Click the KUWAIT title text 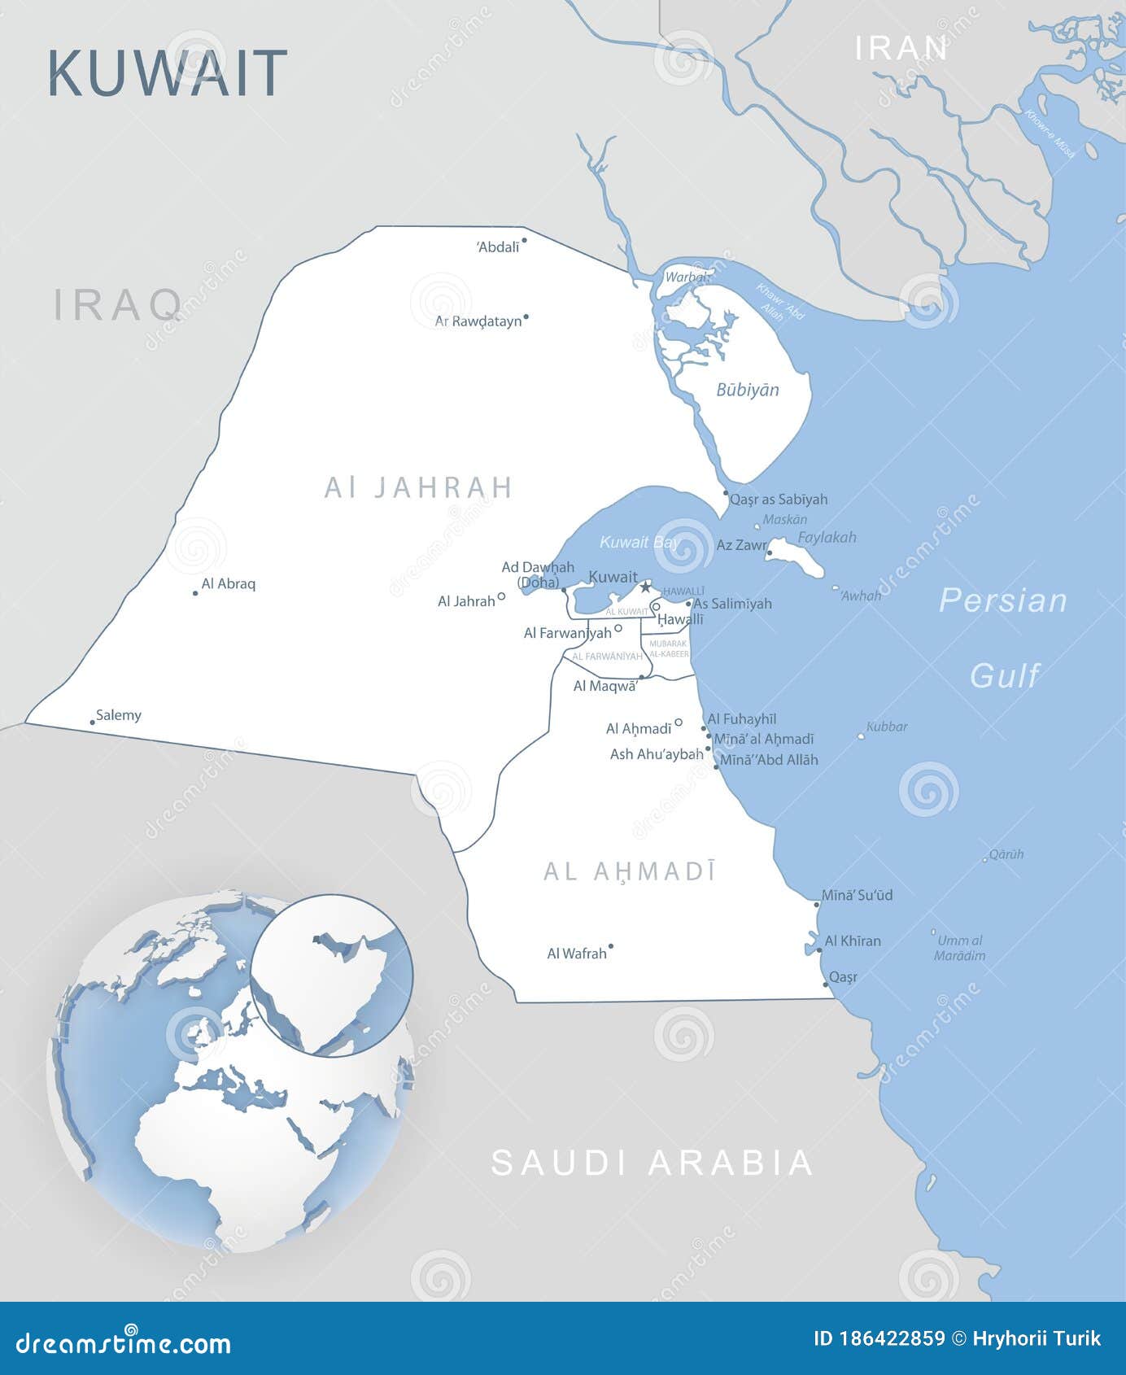167,73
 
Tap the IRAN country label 901,49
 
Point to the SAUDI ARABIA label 652,1163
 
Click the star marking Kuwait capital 645,587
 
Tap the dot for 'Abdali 524,240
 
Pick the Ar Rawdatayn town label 478,321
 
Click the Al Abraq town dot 195,593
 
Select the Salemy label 119,715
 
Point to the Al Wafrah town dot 611,946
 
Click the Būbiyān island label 747,390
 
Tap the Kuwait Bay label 639,542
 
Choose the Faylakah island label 827,537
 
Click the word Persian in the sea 1002,600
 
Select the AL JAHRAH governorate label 418,487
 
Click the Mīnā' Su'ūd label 857,895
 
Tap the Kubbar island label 887,727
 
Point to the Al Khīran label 853,941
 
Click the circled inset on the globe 332,976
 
